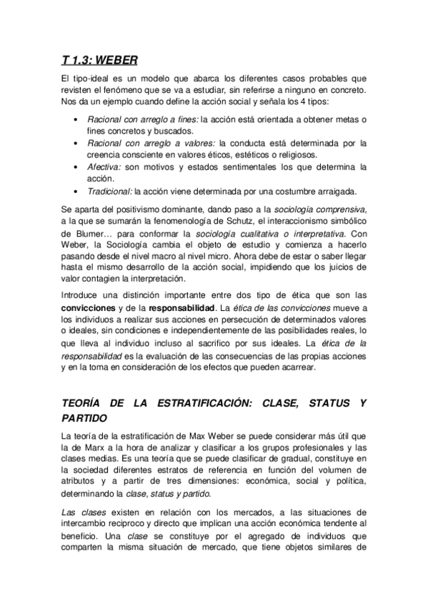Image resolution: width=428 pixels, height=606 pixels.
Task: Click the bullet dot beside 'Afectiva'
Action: tap(77, 167)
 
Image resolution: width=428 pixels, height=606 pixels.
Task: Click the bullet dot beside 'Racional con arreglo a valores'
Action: tap(77, 143)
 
